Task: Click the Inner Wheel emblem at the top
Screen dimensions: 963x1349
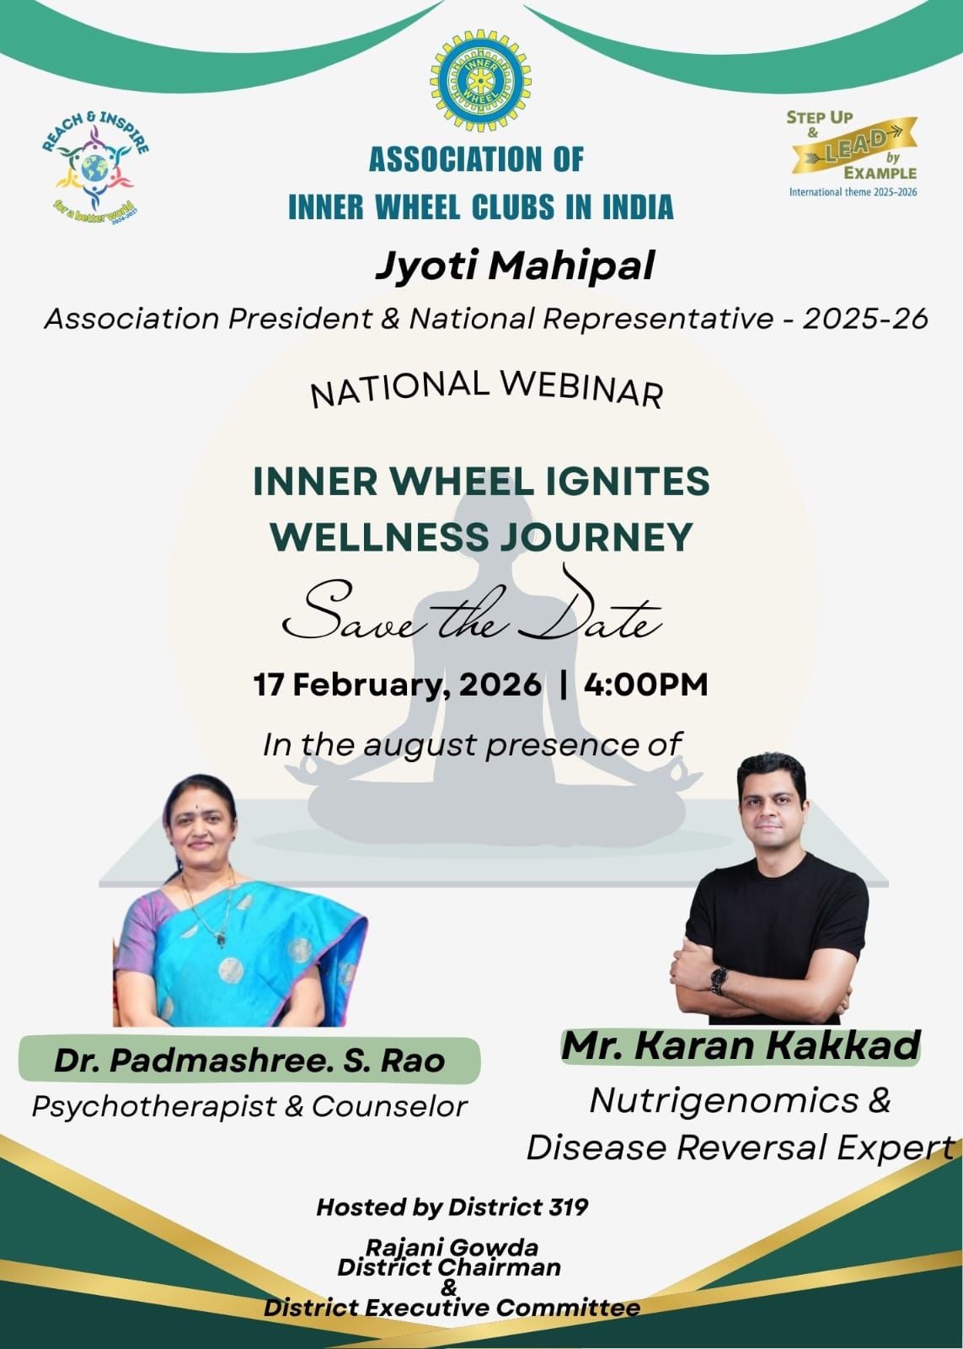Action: (481, 81)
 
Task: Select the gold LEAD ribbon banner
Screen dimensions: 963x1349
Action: (854, 147)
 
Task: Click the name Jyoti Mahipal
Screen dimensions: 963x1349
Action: (515, 266)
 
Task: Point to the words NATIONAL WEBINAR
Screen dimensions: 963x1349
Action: (486, 389)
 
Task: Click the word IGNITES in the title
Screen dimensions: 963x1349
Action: (626, 481)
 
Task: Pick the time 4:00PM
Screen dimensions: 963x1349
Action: (646, 685)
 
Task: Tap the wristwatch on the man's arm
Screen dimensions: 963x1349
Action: (718, 981)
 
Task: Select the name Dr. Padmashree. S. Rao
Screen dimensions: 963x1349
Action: (249, 1061)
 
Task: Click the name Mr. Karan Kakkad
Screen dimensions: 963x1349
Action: (741, 1046)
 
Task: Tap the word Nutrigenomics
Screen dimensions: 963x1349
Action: (724, 1100)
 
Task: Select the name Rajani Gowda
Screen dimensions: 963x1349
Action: (452, 1247)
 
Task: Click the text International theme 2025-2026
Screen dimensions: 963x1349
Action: (853, 192)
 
